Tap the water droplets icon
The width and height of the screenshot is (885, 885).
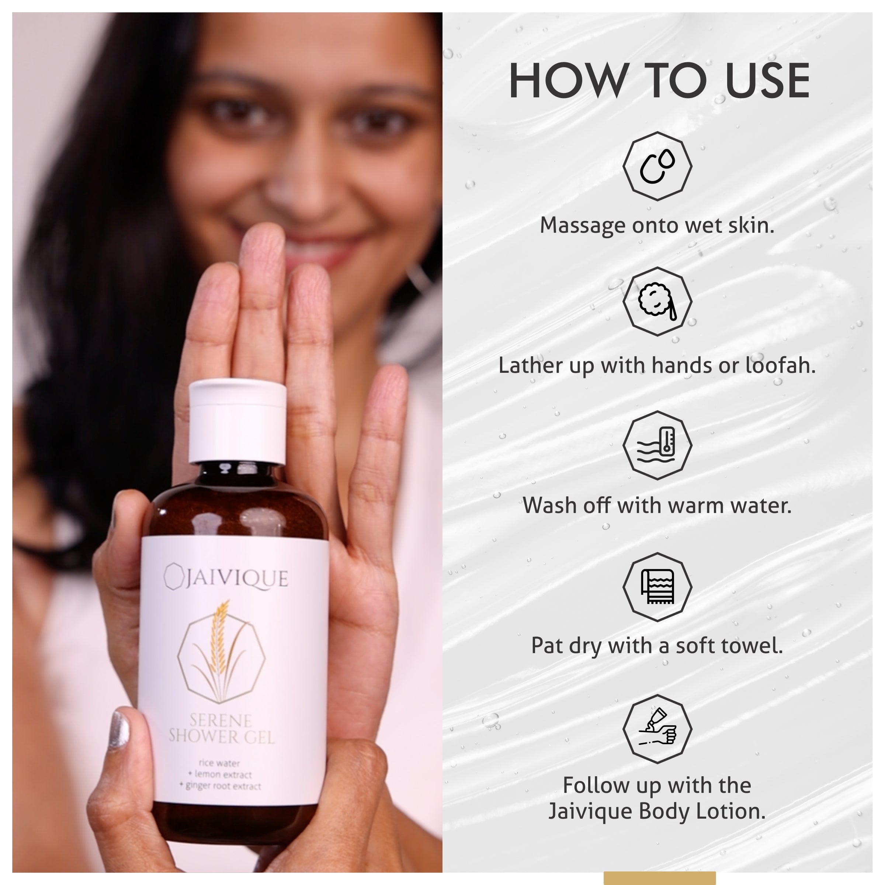[x=657, y=166]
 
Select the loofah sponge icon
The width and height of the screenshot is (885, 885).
[x=657, y=301]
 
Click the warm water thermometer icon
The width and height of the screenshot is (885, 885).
[x=657, y=445]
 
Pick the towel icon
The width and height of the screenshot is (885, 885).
[x=657, y=587]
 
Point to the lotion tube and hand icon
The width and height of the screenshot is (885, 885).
[x=657, y=729]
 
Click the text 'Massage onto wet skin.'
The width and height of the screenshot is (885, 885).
[x=657, y=225]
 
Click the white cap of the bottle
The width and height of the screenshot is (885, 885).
[x=238, y=421]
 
